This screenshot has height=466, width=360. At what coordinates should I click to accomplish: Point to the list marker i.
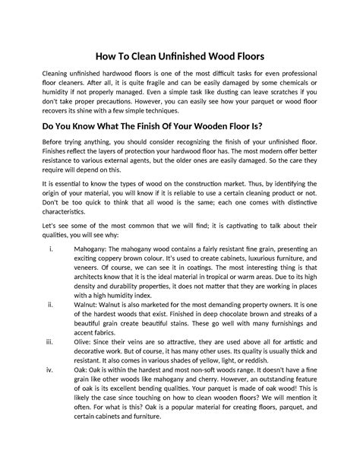49,248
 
